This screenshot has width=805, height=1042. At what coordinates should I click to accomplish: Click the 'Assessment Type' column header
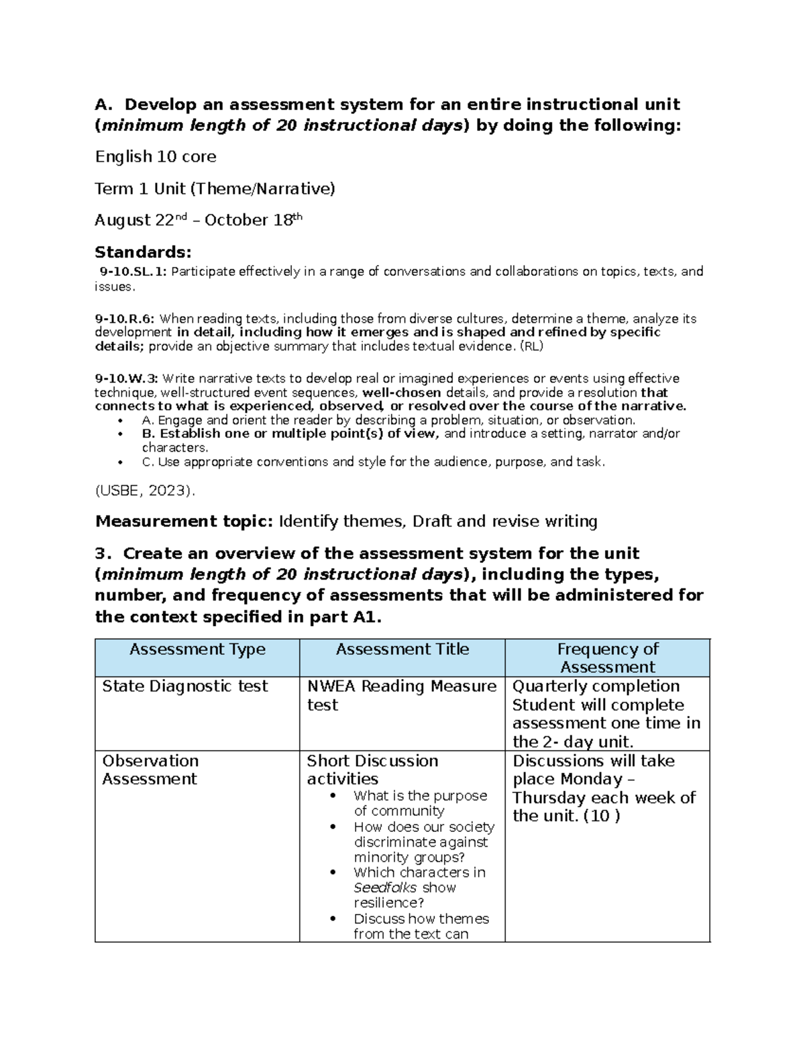pos(197,649)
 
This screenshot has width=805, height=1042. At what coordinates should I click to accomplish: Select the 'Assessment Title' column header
pos(402,649)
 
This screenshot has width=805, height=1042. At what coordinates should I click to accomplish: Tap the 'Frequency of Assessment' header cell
pos(607,658)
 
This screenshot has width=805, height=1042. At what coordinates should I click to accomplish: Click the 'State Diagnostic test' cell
pos(184,686)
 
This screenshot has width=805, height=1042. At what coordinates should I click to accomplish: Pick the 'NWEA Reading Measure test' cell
pos(401,695)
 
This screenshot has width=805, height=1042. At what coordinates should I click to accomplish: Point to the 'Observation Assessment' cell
pos(150,770)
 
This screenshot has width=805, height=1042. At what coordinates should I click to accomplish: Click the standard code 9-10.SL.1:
pos(133,272)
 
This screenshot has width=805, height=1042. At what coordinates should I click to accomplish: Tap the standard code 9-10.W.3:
pos(126,378)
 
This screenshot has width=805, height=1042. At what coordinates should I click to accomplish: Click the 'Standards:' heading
pos(143,252)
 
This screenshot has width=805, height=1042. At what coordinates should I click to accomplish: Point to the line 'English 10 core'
pos(156,157)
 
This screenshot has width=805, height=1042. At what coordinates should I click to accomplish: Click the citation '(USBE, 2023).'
pos(145,490)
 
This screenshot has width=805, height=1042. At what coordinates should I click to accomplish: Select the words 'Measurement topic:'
pos(184,521)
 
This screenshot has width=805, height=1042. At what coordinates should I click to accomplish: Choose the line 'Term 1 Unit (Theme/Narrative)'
pos(215,189)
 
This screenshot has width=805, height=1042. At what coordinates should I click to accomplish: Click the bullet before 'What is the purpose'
pos(333,796)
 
